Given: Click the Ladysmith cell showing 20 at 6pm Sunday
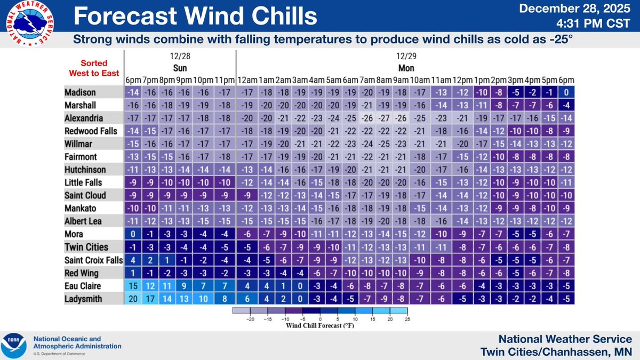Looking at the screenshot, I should click(x=133, y=298).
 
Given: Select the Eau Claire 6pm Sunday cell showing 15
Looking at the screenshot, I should click(x=133, y=285).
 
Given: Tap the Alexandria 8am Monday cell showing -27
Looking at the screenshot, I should click(x=384, y=118).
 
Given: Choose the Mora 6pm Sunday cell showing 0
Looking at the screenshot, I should click(x=133, y=234).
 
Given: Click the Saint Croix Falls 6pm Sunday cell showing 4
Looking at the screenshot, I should click(x=133, y=260).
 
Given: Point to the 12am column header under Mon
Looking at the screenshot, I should click(x=246, y=80).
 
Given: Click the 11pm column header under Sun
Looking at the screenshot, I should click(x=226, y=80).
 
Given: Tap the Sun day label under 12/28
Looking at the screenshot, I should click(x=179, y=68).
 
